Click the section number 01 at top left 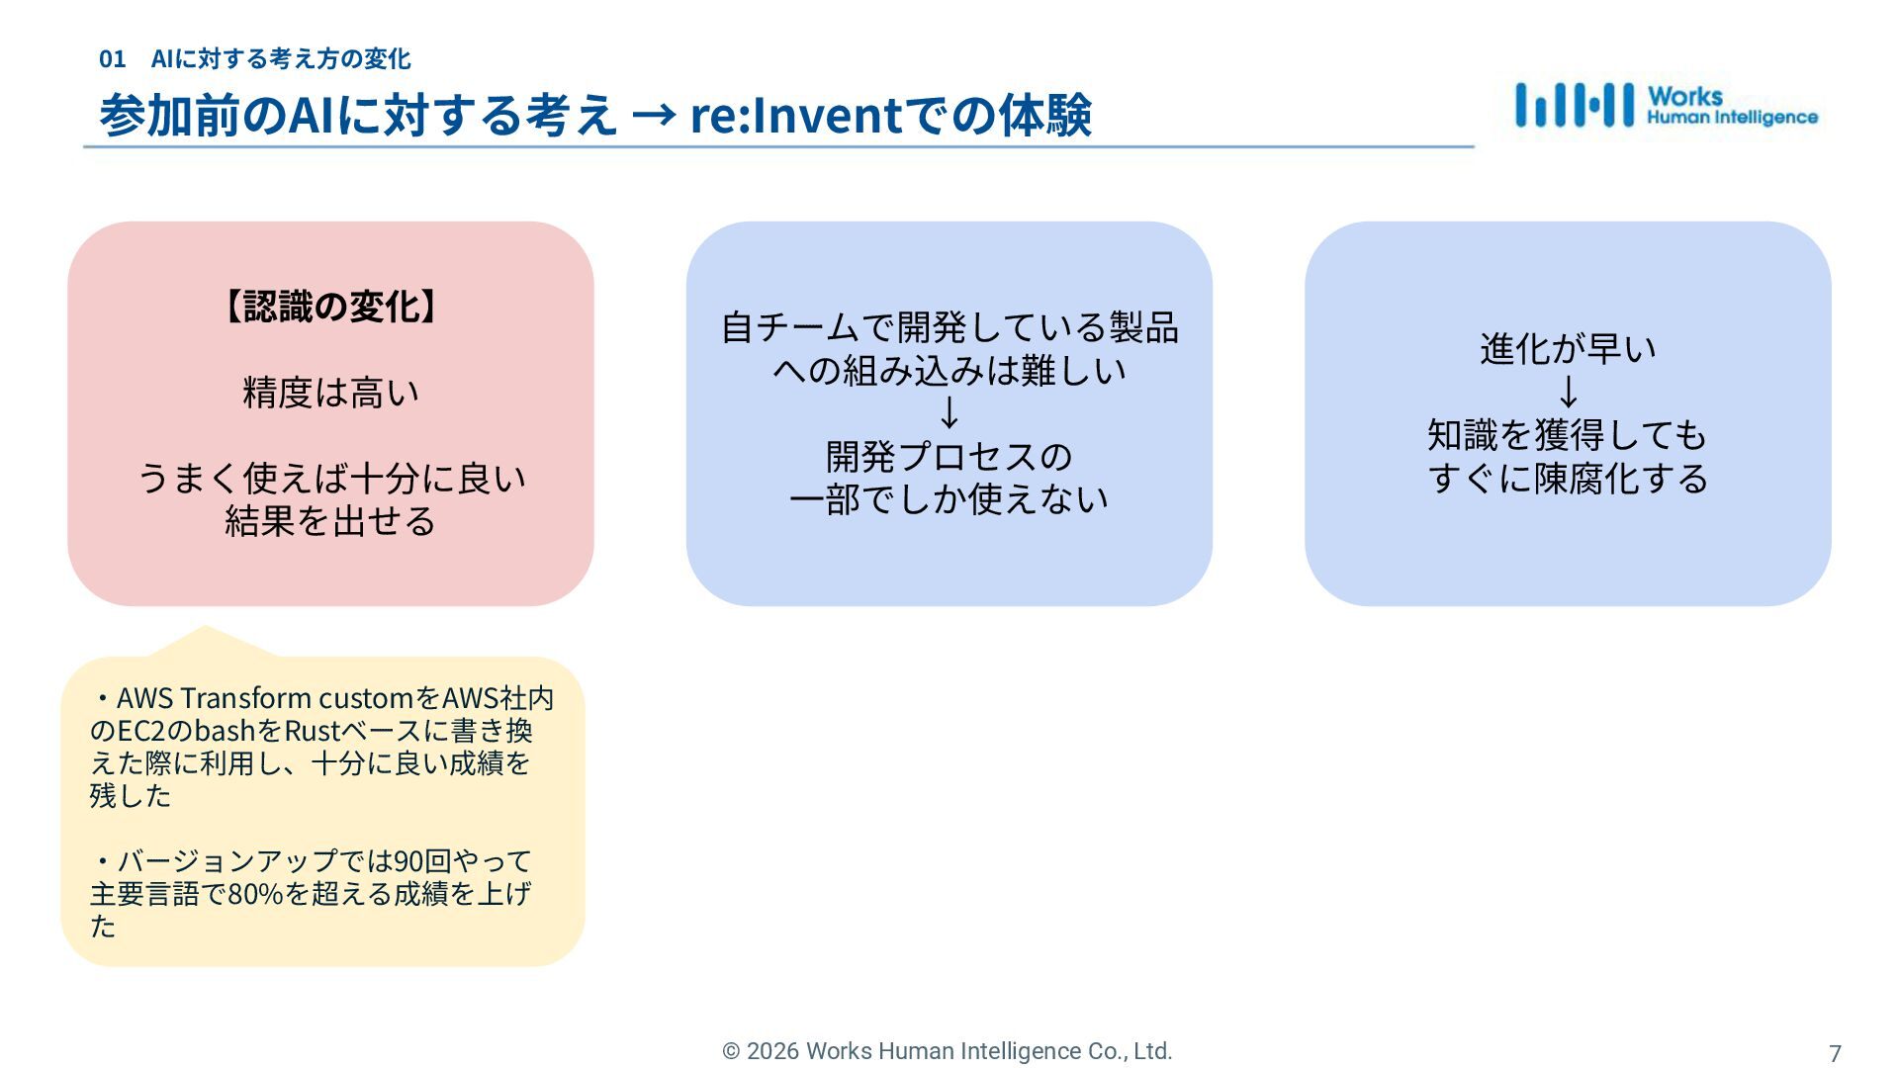point(112,59)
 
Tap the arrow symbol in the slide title point(653,115)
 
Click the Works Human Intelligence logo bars point(1574,105)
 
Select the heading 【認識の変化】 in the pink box point(330,307)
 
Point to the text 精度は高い point(330,393)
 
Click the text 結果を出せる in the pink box point(330,521)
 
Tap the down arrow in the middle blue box point(949,412)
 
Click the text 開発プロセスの point(949,456)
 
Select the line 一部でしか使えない point(949,498)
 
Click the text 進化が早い point(1568,349)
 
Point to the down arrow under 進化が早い point(1568,392)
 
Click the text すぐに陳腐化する point(1568,478)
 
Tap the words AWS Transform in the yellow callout point(214,698)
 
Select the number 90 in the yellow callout point(407,861)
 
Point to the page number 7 point(1835,1053)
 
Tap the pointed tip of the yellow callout point(206,627)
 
